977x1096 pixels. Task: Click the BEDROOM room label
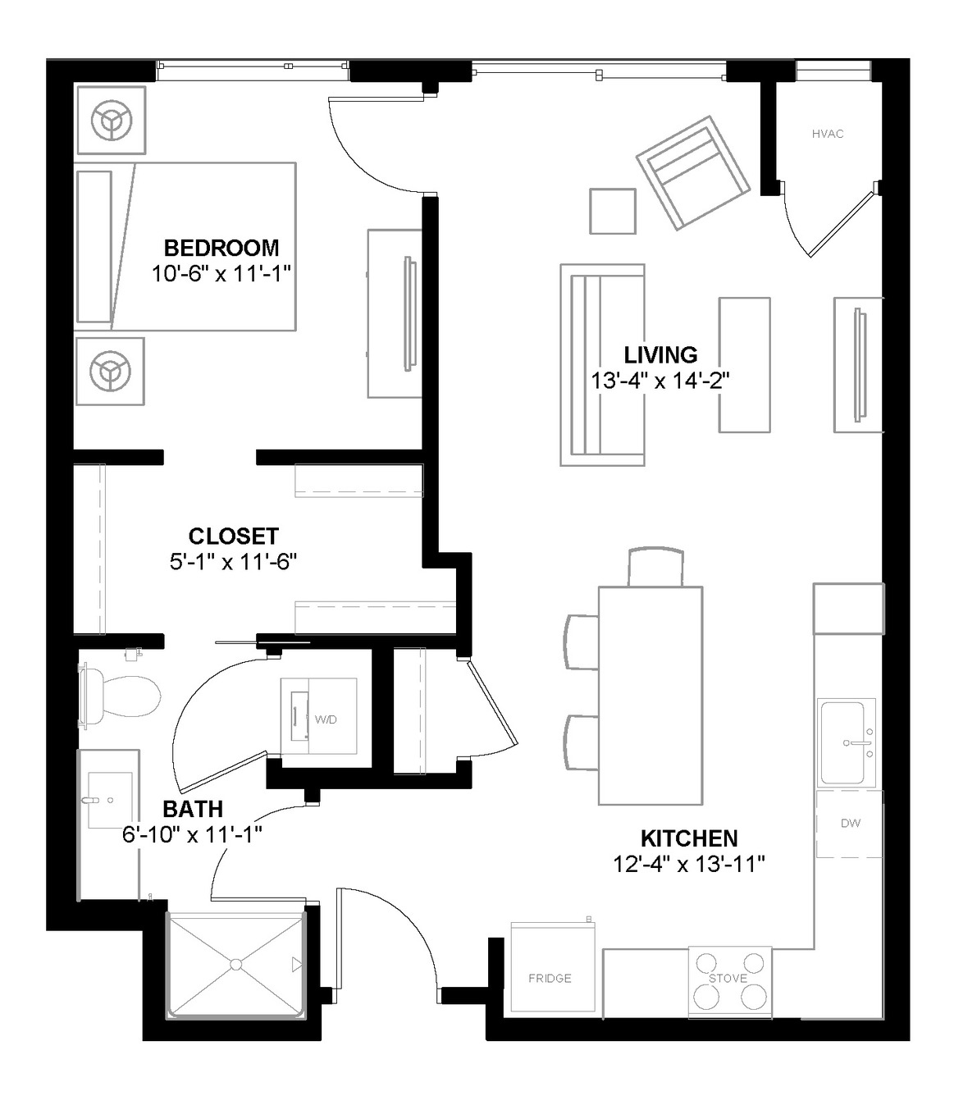click(x=221, y=249)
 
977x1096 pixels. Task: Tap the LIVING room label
click(x=660, y=355)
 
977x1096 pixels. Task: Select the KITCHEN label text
click(x=689, y=838)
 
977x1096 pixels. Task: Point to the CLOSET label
click(x=234, y=536)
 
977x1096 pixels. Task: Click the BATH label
click(x=193, y=809)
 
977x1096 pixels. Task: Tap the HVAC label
click(x=828, y=134)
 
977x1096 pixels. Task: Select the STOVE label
click(x=728, y=978)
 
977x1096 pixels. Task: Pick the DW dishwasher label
click(x=851, y=823)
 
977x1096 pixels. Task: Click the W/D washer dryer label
click(x=326, y=719)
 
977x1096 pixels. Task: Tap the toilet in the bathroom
click(x=120, y=696)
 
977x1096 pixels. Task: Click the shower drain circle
click(x=236, y=965)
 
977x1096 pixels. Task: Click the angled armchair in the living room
click(x=693, y=172)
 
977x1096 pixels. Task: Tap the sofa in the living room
click(x=602, y=364)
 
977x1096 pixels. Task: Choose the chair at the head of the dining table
click(x=655, y=568)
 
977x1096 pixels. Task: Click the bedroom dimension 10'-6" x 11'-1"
click(x=221, y=274)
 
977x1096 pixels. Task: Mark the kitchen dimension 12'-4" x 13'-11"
click(x=689, y=865)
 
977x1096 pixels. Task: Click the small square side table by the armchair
click(x=613, y=211)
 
